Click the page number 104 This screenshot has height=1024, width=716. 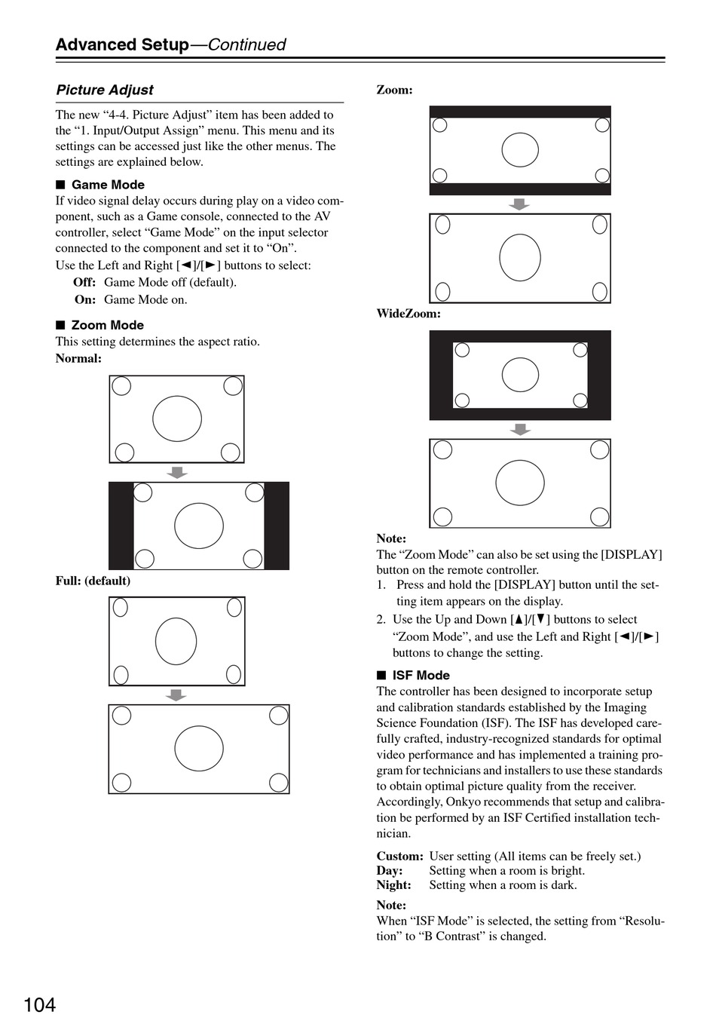(x=39, y=1005)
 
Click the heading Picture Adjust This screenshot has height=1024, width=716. (x=105, y=90)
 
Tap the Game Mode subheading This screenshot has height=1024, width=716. (x=108, y=185)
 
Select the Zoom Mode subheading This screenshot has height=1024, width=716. (x=107, y=325)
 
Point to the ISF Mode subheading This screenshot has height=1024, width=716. (x=421, y=675)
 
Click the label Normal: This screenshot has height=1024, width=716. (x=78, y=358)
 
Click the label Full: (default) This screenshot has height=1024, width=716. (x=93, y=581)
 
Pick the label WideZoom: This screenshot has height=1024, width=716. (x=408, y=314)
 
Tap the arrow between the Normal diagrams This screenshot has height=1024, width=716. (x=176, y=473)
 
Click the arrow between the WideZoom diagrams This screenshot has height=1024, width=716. (x=520, y=430)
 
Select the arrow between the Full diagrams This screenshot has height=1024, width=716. (x=176, y=695)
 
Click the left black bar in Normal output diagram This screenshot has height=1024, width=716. (x=121, y=526)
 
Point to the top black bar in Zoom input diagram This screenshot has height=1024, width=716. (x=520, y=112)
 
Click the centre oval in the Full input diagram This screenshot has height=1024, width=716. (x=176, y=642)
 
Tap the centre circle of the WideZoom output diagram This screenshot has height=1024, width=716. (x=520, y=483)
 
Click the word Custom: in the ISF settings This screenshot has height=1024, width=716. (x=400, y=856)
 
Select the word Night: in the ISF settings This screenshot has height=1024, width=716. (x=394, y=885)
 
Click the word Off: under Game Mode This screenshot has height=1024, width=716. (x=84, y=282)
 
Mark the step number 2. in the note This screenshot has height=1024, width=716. (x=381, y=620)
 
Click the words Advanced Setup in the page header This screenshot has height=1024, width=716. (x=122, y=44)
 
